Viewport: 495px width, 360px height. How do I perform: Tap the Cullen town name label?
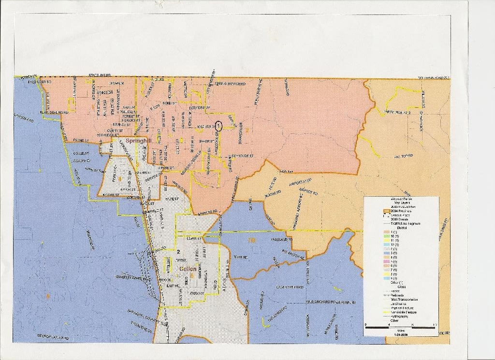pos(187,269)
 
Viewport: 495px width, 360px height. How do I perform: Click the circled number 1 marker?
pos(218,126)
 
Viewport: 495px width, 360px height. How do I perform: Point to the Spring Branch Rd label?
pos(230,84)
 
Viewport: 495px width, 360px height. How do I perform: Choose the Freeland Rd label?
pos(280,239)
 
